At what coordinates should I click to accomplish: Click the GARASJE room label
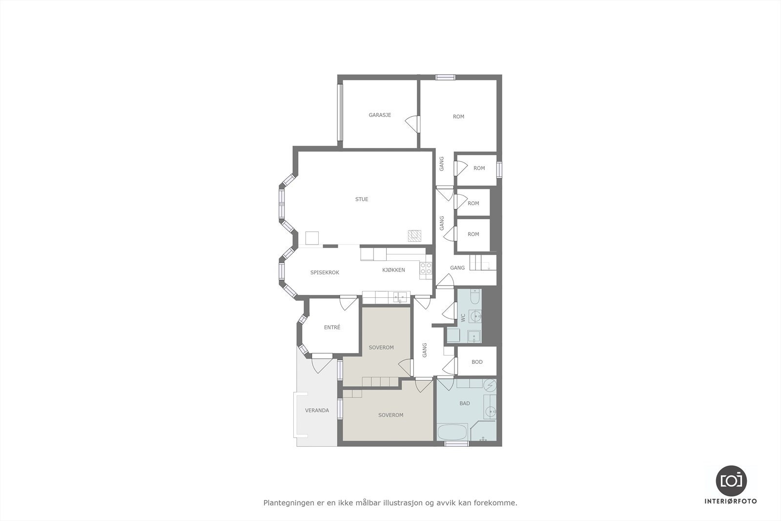[x=380, y=115]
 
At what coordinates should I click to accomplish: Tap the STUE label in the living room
[x=362, y=199]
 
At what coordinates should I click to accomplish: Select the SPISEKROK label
[x=325, y=272]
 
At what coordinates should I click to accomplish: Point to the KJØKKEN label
[x=393, y=270]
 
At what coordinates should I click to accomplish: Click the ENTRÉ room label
[x=332, y=327]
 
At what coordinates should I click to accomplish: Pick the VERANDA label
[x=317, y=410]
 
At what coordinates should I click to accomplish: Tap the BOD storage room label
[x=477, y=362]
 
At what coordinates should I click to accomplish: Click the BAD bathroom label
[x=465, y=403]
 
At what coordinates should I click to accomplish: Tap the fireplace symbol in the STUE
[x=414, y=236]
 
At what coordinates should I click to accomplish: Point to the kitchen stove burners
[x=426, y=268]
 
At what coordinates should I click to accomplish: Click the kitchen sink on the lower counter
[x=400, y=296]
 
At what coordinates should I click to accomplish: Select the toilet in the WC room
[x=474, y=296]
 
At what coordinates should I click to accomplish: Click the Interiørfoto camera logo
[x=731, y=480]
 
